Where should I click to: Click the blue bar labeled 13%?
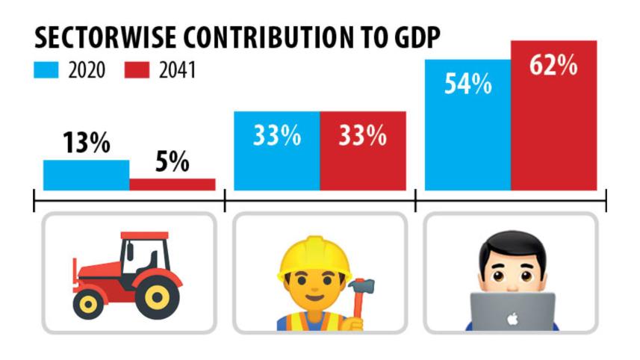pyautogui.click(x=86, y=175)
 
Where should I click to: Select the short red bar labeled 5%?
pyautogui.click(x=173, y=184)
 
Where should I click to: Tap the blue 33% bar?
pyautogui.click(x=277, y=161)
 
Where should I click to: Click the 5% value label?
pyautogui.click(x=173, y=162)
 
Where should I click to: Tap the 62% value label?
pyautogui.click(x=553, y=66)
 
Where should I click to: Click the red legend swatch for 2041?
pyautogui.click(x=139, y=72)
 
